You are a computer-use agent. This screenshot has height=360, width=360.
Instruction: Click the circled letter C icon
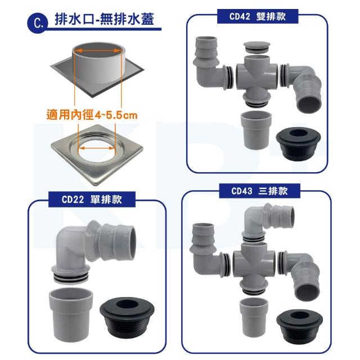coord(38,23)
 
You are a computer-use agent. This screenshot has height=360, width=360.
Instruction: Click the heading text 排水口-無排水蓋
coord(105,19)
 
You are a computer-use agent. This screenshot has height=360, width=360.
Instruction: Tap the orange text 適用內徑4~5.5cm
coord(92,115)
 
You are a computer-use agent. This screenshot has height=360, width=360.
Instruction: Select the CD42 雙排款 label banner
coord(258,16)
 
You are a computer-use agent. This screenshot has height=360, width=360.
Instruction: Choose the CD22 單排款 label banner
coord(92,200)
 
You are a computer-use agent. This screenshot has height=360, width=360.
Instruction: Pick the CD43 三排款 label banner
coord(260,191)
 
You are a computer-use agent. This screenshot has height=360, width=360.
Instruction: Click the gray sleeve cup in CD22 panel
coord(71,314)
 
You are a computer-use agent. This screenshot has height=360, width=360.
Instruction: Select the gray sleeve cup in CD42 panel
coord(256,130)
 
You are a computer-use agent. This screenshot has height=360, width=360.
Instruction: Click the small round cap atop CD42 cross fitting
coord(256,47)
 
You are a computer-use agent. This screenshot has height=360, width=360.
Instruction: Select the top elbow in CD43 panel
coord(268,222)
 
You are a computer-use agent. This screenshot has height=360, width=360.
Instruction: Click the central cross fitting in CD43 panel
coord(254,266)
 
